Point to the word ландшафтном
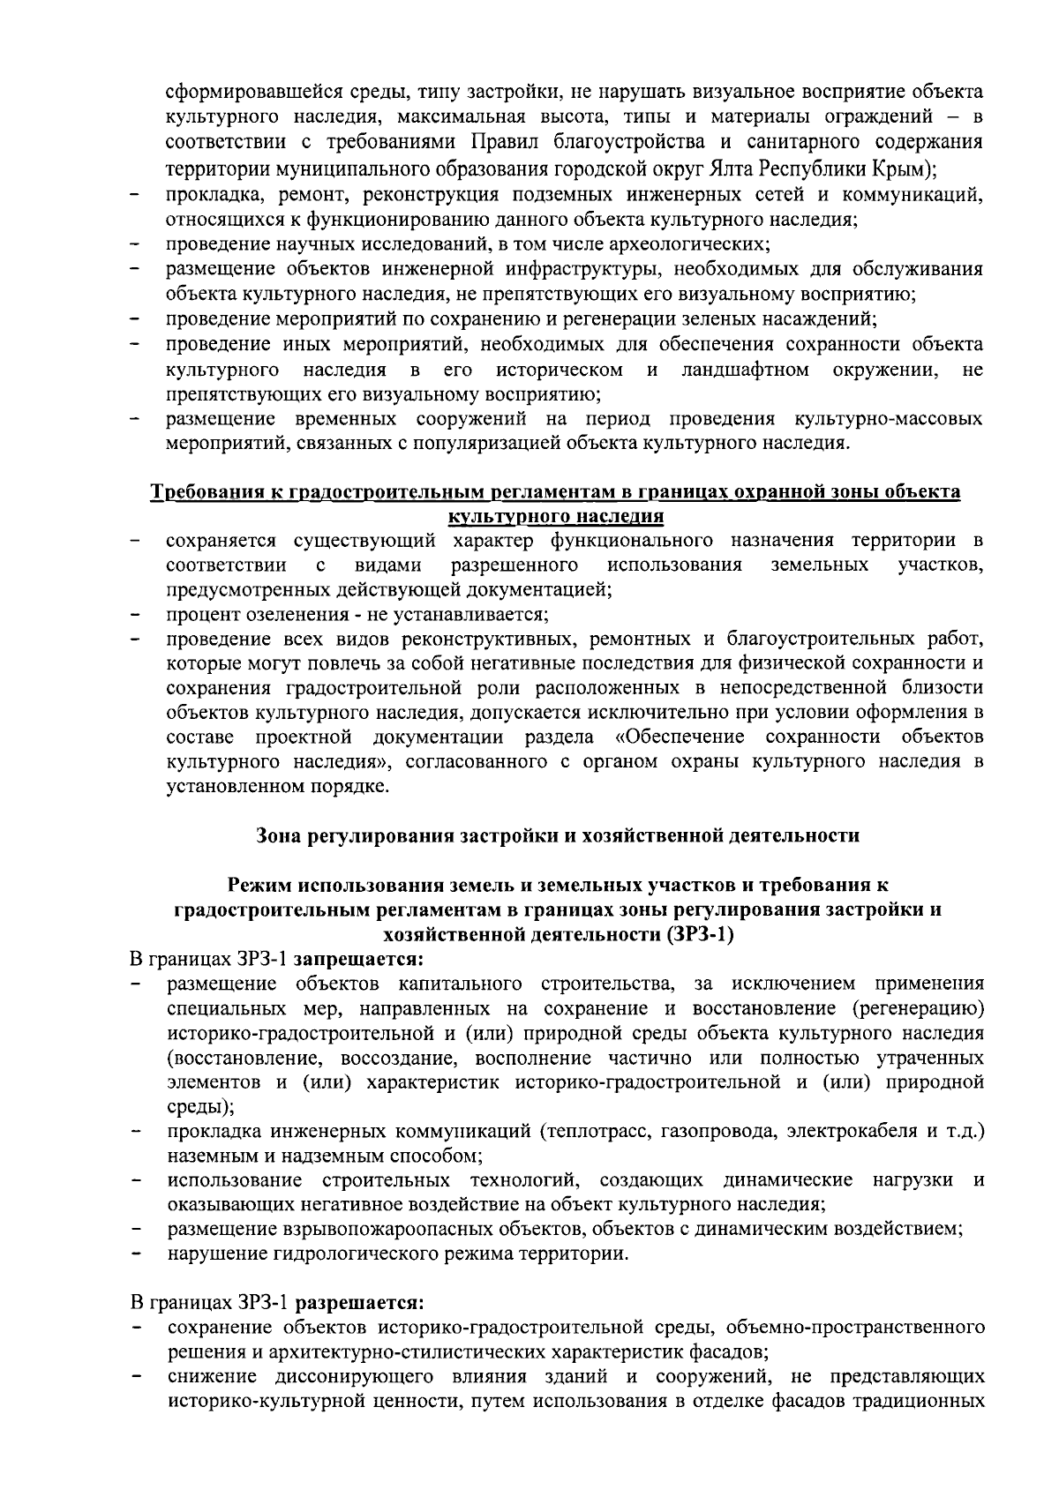(x=745, y=369)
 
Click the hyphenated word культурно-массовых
(x=888, y=418)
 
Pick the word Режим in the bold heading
(x=261, y=885)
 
